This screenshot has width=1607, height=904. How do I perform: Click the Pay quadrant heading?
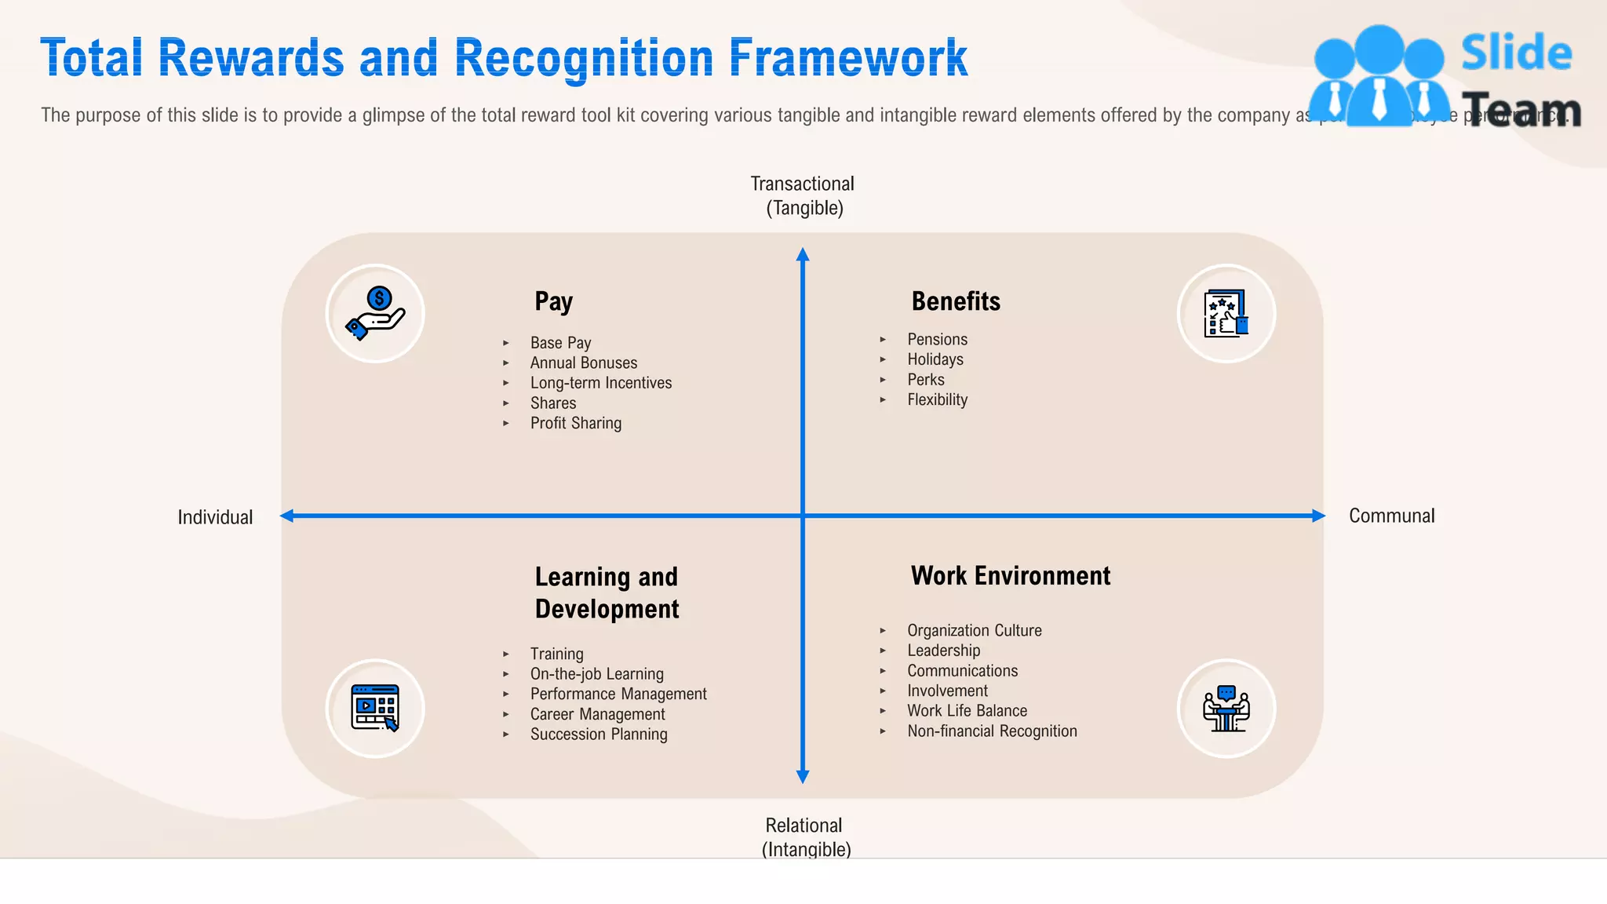553,301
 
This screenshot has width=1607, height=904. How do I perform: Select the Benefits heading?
955,301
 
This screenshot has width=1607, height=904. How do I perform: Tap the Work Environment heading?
1010,576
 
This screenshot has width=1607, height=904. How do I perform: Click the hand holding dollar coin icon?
375,313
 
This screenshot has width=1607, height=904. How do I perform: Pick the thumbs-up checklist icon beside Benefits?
1226,313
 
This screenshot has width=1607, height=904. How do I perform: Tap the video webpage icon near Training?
375,708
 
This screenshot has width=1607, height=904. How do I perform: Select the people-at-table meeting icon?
1226,708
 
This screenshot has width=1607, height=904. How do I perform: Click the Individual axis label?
215,517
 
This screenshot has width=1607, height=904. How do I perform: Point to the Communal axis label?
1391,516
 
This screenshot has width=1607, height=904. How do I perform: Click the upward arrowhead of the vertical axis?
803,255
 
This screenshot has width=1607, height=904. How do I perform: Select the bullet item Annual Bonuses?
583,363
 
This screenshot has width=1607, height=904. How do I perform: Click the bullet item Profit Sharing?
575,423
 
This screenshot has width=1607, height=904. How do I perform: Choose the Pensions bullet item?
937,339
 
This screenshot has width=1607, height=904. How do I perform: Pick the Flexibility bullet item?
937,399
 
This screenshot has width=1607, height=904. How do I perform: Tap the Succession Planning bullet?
598,734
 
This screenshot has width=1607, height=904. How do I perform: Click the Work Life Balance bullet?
967,711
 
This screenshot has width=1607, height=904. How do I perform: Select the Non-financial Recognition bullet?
992,731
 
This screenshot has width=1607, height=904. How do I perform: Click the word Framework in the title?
848,58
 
